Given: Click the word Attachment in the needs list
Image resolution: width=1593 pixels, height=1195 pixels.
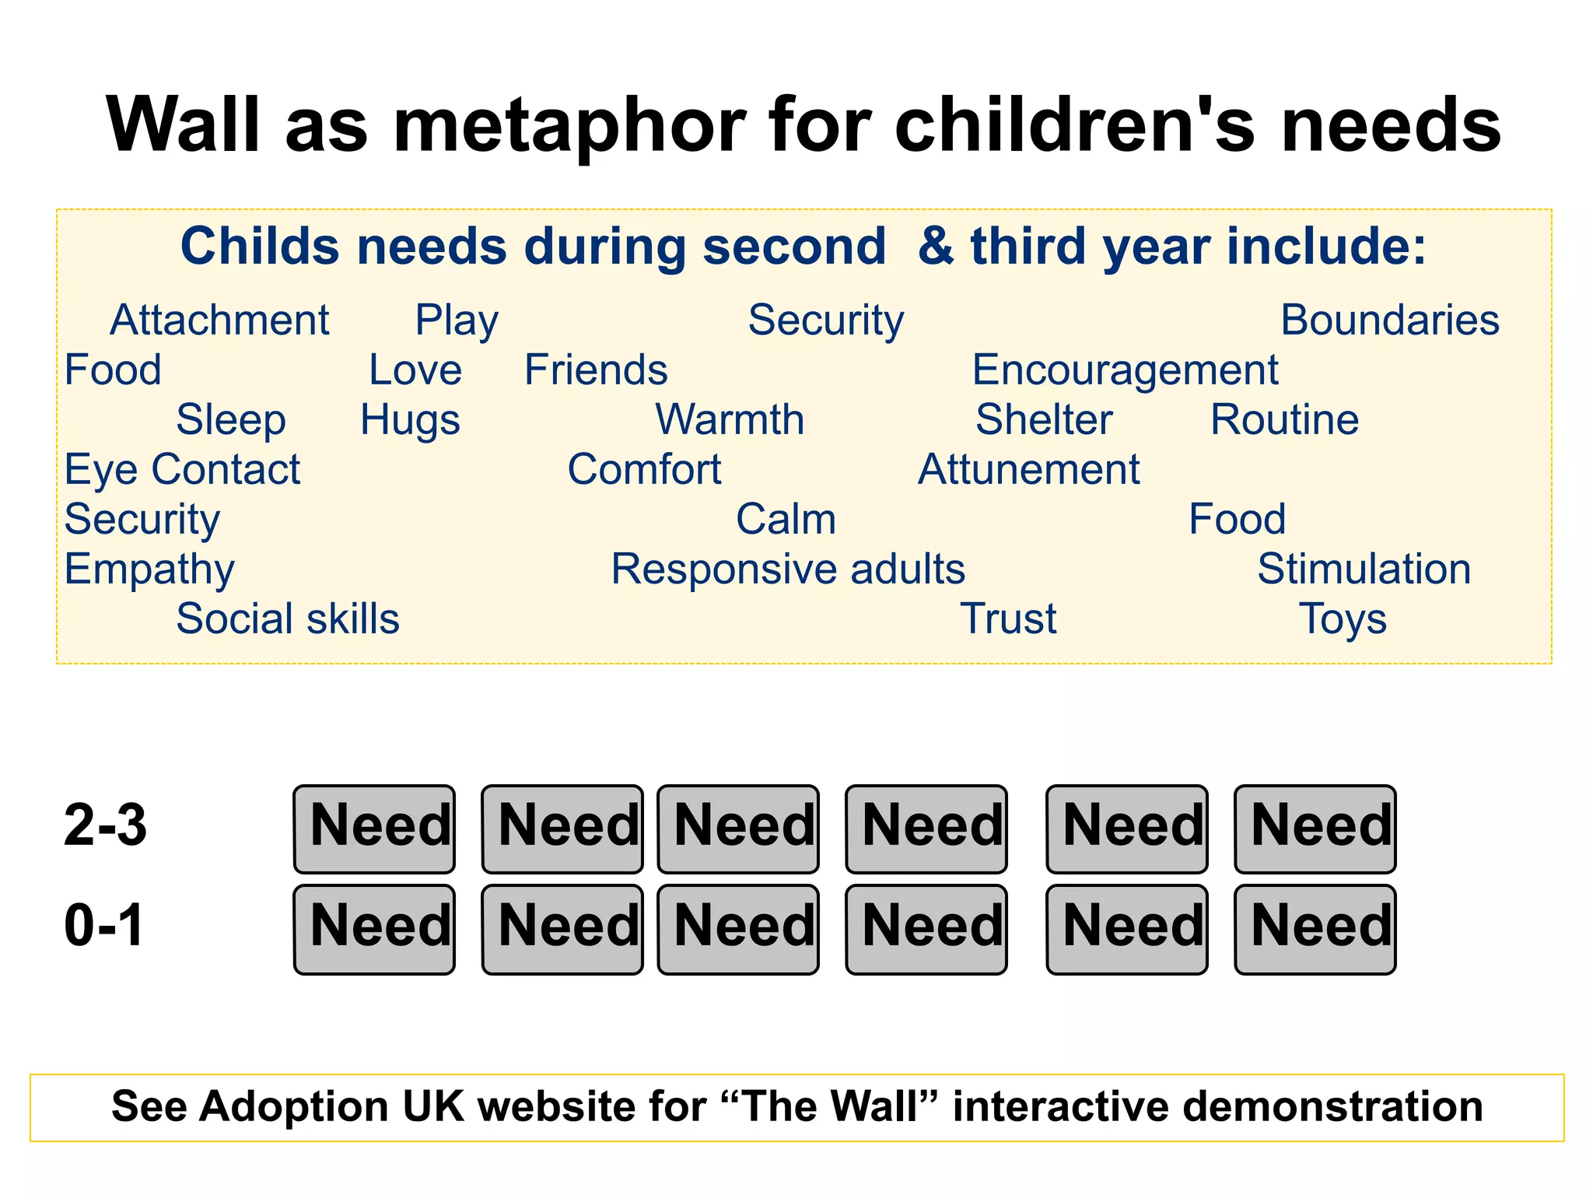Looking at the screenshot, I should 219,320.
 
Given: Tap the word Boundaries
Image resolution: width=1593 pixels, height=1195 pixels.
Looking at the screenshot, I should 1389,320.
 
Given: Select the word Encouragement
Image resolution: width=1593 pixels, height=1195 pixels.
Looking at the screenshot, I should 1125,370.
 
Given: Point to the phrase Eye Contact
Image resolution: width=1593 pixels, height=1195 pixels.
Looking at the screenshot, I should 182,469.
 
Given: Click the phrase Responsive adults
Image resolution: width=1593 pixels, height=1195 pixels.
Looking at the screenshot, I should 787,569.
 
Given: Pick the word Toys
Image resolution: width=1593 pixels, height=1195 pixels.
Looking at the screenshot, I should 1343,619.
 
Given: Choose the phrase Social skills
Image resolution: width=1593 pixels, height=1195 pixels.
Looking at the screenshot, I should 288,619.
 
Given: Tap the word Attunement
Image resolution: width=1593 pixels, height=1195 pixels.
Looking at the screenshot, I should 1028,469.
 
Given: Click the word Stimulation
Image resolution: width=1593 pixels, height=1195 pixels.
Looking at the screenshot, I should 1364,569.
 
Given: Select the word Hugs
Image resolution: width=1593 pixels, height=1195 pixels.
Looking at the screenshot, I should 410,420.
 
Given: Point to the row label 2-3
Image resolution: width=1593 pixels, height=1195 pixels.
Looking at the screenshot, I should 105,825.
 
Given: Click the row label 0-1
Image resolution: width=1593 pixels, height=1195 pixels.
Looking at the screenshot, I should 103,925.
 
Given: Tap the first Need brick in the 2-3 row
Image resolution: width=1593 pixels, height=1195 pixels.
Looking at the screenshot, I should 374,829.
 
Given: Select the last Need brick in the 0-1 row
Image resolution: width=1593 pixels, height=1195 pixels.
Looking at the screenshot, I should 1315,929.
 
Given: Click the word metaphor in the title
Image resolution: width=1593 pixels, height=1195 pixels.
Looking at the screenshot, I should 569,126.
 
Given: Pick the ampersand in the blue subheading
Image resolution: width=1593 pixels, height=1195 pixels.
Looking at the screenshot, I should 935,247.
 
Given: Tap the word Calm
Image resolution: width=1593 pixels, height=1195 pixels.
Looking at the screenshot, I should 786,519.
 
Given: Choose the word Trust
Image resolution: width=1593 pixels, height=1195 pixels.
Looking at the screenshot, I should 1008,619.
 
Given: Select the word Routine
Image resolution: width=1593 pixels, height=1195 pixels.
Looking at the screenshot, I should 1284,420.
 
